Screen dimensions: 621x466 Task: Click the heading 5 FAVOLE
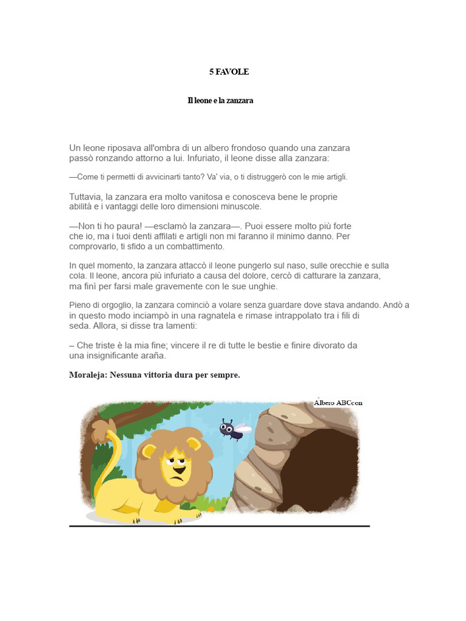pyautogui.click(x=229, y=72)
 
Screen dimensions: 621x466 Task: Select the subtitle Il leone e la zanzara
pyautogui.click(x=220, y=101)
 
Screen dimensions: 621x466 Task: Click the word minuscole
pyautogui.click(x=240, y=207)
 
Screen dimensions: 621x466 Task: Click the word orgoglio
pyautogui.click(x=112, y=305)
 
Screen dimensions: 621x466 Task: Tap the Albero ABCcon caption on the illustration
pyautogui.click(x=338, y=403)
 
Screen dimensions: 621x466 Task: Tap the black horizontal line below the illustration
pyautogui.click(x=219, y=526)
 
